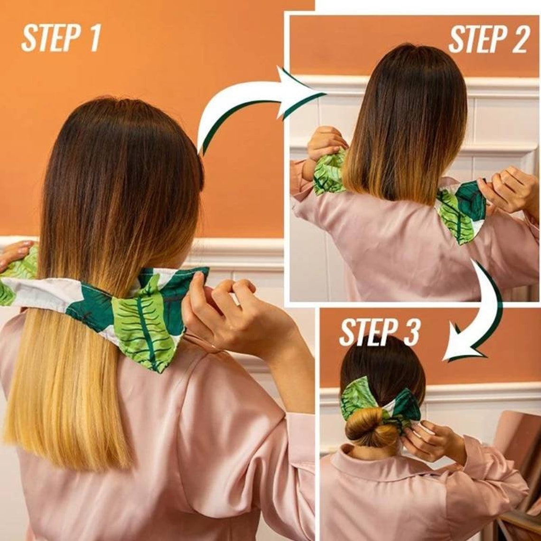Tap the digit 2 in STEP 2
click(519, 40)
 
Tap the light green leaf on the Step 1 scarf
click(142, 323)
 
